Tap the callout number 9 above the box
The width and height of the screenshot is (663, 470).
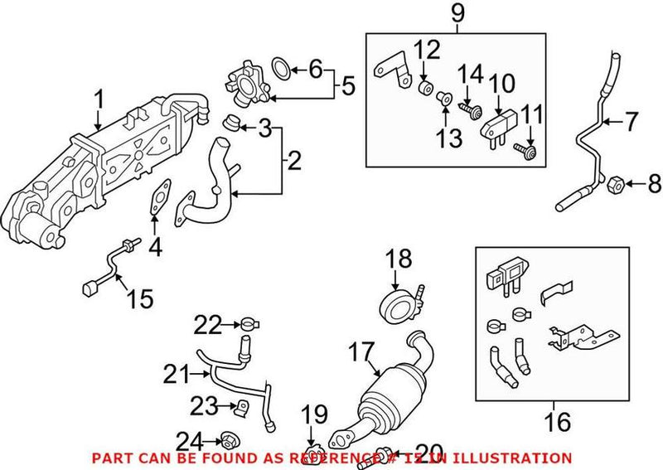tap(455, 13)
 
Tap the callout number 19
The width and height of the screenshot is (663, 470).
tap(313, 414)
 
